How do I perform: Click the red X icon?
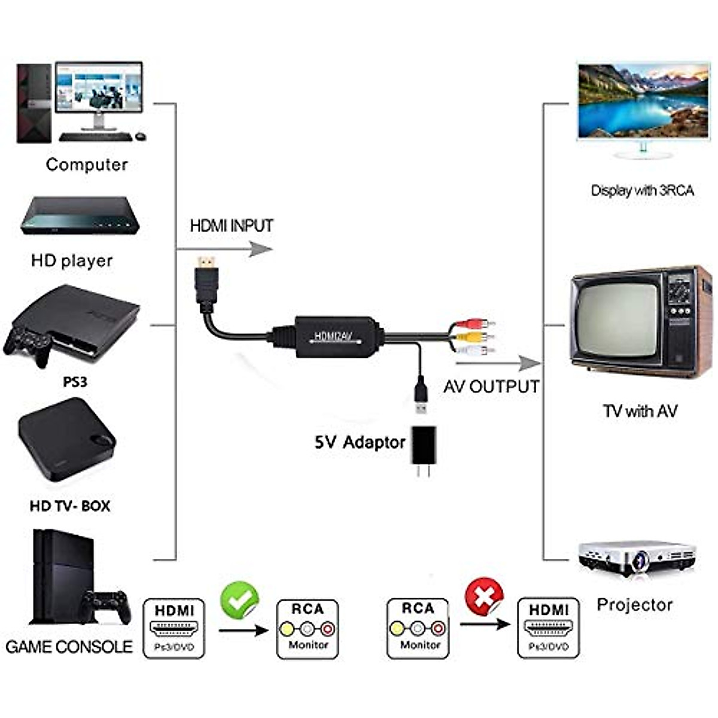484,596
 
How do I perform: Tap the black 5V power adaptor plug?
424,446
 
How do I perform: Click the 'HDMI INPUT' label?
232,226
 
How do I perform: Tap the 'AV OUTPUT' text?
491,387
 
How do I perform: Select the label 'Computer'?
87,165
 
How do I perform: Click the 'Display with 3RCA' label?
642,191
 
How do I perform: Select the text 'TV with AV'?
640,411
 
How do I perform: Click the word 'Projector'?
634,605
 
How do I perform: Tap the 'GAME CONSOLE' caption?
69,647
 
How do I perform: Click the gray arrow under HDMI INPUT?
260,249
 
